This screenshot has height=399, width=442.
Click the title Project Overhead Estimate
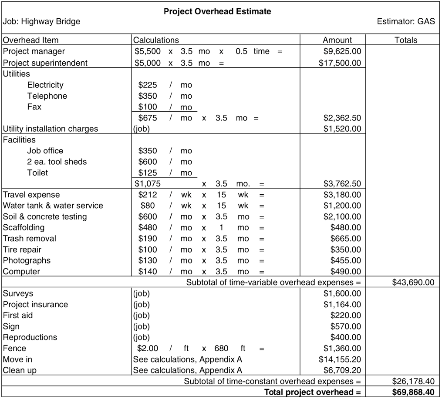[217, 11]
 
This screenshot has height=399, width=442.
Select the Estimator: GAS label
[406, 21]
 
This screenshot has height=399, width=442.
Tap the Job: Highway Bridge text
[41, 21]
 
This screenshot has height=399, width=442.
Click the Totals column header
[405, 40]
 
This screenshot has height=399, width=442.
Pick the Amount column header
[337, 40]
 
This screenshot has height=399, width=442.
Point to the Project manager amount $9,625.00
[342, 51]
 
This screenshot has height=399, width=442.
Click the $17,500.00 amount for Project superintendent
[340, 63]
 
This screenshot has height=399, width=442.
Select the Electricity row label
[45, 85]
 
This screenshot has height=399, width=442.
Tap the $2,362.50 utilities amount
[342, 118]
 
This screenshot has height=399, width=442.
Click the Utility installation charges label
[51, 129]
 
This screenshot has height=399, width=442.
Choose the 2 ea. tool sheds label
[57, 162]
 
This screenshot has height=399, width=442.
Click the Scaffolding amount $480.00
[346, 227]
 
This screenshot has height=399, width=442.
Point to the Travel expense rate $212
[148, 195]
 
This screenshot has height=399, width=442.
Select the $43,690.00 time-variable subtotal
[413, 282]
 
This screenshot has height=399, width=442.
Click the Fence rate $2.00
[148, 348]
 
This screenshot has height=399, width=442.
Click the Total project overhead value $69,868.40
[413, 392]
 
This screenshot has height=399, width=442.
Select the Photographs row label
[27, 260]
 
